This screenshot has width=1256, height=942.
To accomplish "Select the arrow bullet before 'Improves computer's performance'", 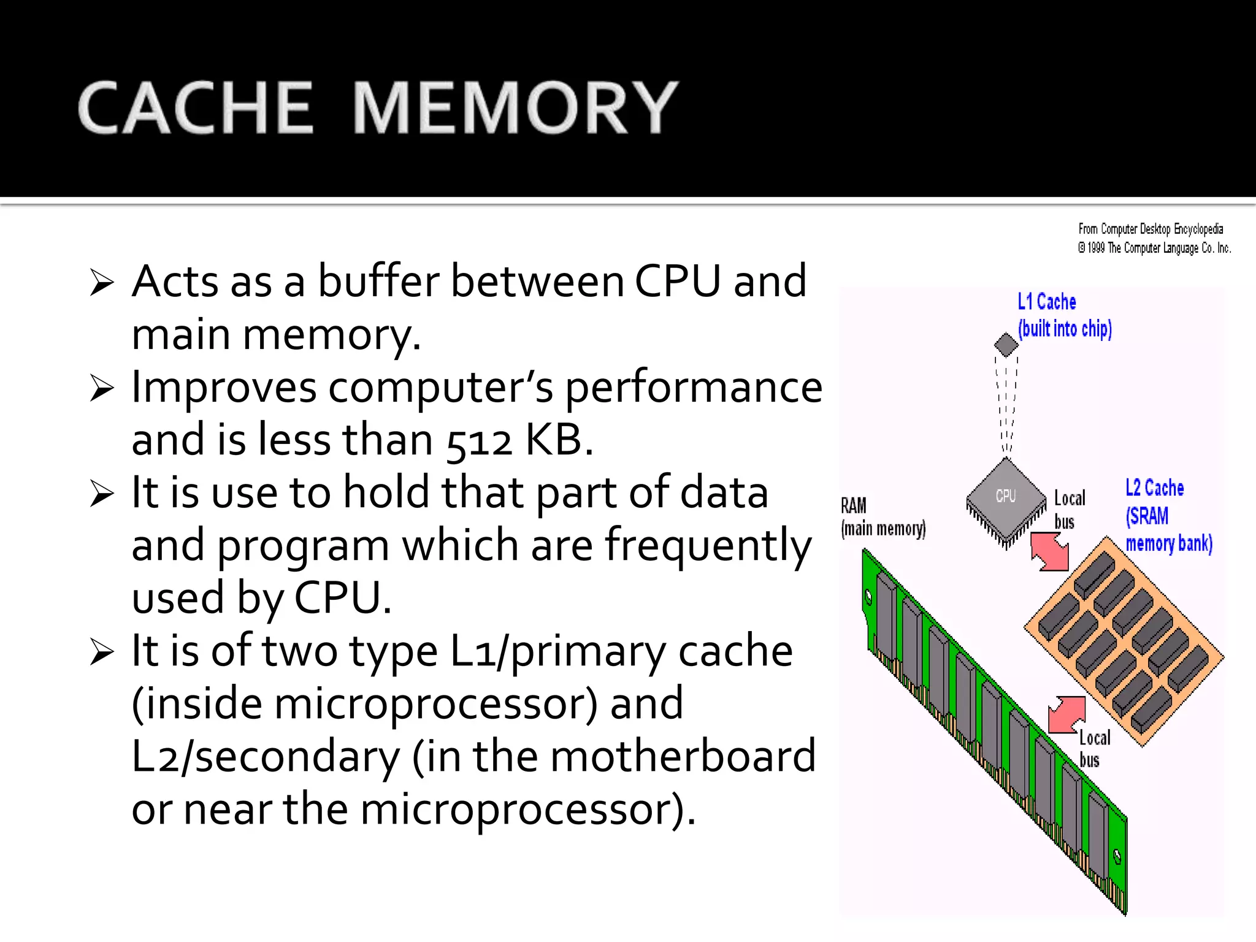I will click(x=101, y=388).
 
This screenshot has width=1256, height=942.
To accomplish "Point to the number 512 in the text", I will click(x=478, y=442).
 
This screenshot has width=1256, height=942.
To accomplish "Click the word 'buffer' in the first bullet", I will click(x=378, y=282).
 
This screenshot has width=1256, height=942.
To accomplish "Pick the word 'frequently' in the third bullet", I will click(x=708, y=546).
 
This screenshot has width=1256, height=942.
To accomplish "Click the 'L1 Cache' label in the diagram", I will click(x=1046, y=302).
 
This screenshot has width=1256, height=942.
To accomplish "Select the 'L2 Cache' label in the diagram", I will click(x=1154, y=488).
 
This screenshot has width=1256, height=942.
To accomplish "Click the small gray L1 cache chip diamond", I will click(x=1006, y=344).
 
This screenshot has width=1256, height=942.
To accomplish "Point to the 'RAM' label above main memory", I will click(x=853, y=506).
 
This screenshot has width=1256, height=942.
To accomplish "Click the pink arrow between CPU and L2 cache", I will click(x=1050, y=551).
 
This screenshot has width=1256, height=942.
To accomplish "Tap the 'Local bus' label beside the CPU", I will click(x=1069, y=509).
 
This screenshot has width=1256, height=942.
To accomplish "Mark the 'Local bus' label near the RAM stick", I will click(x=1093, y=748).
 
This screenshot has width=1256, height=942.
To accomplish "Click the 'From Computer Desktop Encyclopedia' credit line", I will click(x=1151, y=229).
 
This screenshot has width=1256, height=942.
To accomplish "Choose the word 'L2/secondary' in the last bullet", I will click(x=265, y=756).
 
